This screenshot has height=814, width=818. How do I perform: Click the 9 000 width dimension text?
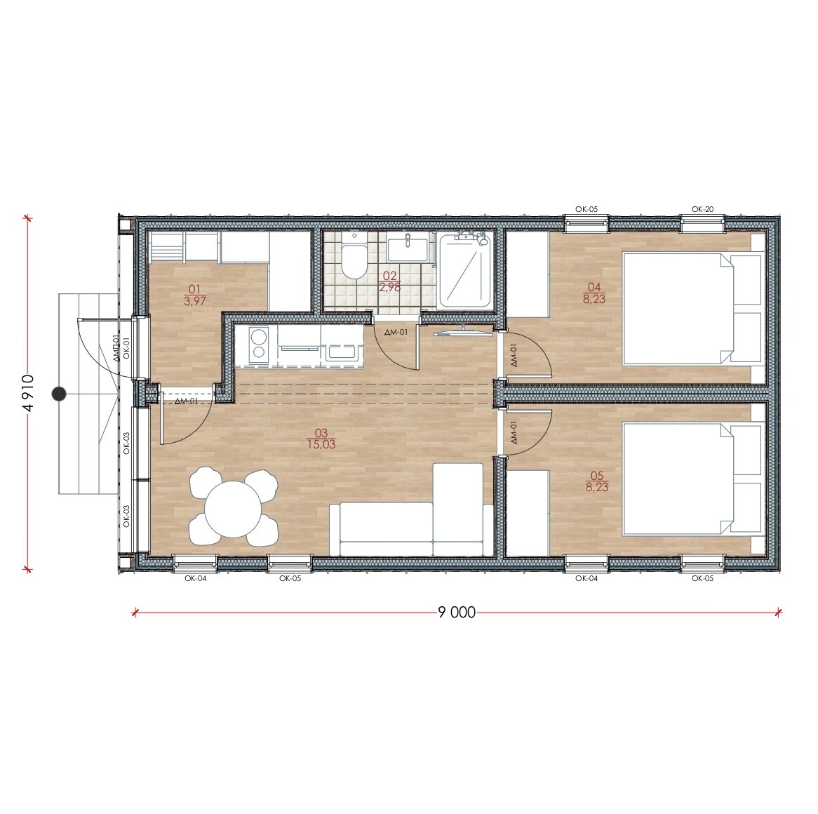(457, 612)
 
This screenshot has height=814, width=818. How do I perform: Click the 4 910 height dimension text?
(29, 393)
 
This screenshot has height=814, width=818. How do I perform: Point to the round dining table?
(233, 507)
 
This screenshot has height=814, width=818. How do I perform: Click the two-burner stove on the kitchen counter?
(257, 345)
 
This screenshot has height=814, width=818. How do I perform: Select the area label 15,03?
(321, 445)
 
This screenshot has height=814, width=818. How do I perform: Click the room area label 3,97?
(195, 301)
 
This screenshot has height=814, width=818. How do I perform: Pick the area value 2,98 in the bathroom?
(389, 287)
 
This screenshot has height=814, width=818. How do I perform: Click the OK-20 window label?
(702, 208)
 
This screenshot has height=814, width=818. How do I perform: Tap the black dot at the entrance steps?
(60, 394)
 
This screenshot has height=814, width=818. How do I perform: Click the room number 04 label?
(594, 286)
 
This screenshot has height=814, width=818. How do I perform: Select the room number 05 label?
(597, 475)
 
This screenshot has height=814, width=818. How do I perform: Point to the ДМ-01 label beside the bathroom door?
(396, 332)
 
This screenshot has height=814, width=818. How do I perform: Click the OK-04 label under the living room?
(195, 578)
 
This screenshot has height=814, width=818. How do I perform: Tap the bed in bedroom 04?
(692, 308)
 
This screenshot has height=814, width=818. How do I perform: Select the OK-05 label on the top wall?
(586, 208)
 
